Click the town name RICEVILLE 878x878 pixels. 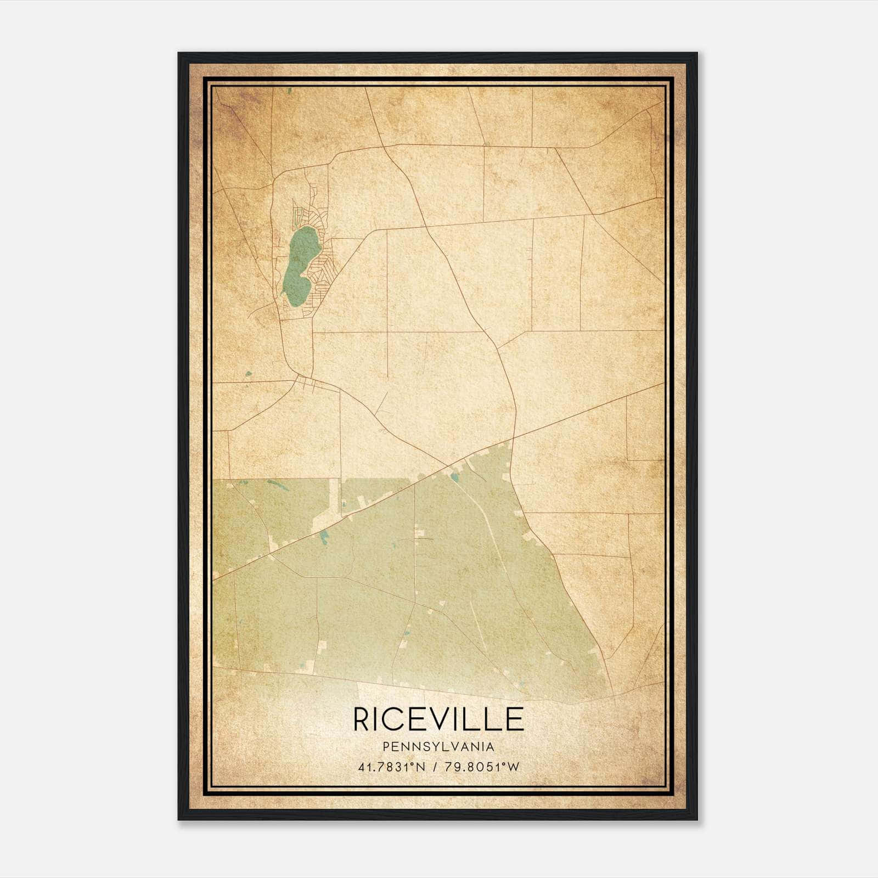point(438,719)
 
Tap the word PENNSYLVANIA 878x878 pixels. point(438,747)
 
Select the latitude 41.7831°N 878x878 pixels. point(391,767)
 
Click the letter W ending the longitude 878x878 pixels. point(513,767)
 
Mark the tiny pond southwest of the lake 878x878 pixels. point(249,374)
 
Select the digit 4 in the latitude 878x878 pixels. point(361,767)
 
